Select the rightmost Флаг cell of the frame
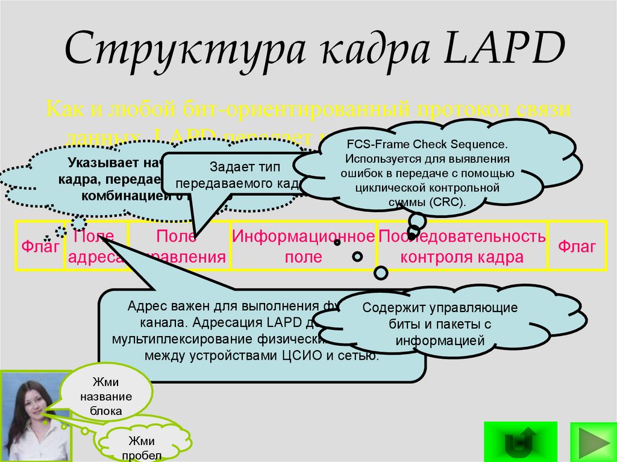click(577, 246)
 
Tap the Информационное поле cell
click(303, 246)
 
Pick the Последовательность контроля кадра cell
click(462, 246)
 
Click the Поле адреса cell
click(93, 246)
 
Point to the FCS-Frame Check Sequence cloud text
click(427, 145)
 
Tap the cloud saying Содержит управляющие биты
click(440, 324)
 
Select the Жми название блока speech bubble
click(107, 396)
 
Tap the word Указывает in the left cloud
click(96, 163)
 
